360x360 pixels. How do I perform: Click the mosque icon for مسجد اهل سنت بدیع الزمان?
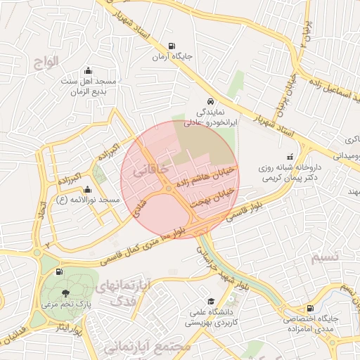coord(88,70)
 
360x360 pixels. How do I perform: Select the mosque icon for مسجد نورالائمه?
coord(87,189)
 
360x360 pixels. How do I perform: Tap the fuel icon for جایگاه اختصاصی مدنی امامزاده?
coord(310,308)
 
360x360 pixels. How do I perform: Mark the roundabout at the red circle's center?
coord(169,188)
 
